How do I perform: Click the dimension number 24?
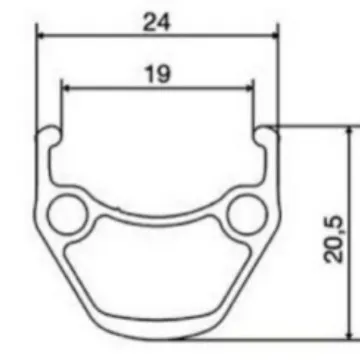[x=157, y=23]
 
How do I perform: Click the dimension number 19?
[x=158, y=75]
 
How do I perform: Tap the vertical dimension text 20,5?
[x=333, y=239]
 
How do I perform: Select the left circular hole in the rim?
[x=68, y=214]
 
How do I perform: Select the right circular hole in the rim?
[x=247, y=214]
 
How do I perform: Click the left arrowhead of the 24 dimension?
[x=41, y=35]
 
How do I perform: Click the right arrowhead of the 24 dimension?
[x=274, y=35]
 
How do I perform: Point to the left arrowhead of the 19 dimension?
[x=66, y=88]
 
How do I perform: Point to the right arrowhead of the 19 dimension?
[x=249, y=88]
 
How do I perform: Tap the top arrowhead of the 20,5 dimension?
[x=349, y=131]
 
